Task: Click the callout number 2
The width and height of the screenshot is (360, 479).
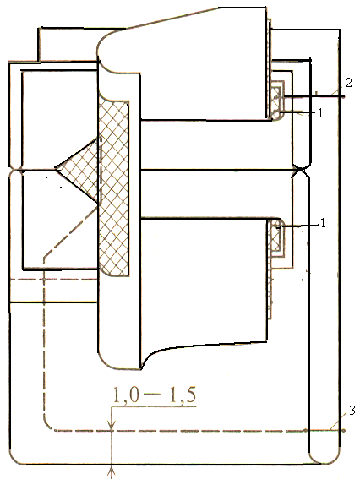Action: click(348, 83)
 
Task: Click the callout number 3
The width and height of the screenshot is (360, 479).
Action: click(352, 411)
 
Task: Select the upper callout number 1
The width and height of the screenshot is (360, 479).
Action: click(320, 113)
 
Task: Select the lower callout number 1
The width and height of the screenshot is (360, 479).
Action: click(322, 224)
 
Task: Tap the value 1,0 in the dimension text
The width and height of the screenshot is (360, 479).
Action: click(126, 395)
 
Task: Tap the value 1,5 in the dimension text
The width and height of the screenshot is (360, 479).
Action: click(183, 395)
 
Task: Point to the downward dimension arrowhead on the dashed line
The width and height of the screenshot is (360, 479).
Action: click(112, 426)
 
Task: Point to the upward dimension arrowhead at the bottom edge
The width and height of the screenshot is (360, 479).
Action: click(112, 469)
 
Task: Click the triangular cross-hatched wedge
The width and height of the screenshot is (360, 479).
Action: click(77, 170)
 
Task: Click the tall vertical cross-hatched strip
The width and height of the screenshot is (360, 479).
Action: click(113, 188)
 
